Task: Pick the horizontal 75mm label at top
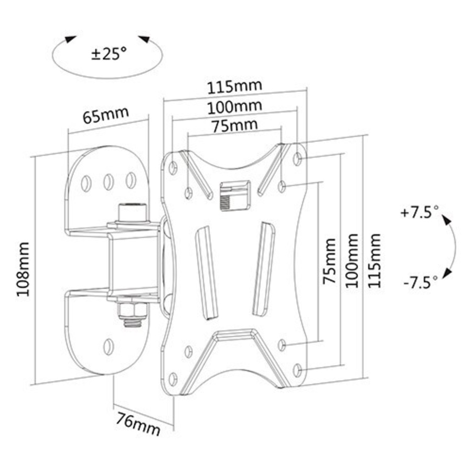coord(234,125)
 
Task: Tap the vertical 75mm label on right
coord(329,261)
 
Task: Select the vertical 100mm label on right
coord(352,260)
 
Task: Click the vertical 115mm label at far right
coord(374,260)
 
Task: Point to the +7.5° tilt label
coord(419,213)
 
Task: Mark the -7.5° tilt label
coord(420,283)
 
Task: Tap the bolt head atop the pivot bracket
coord(132,212)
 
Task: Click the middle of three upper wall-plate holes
coord(109,182)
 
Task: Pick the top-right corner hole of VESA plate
coord(298,158)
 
